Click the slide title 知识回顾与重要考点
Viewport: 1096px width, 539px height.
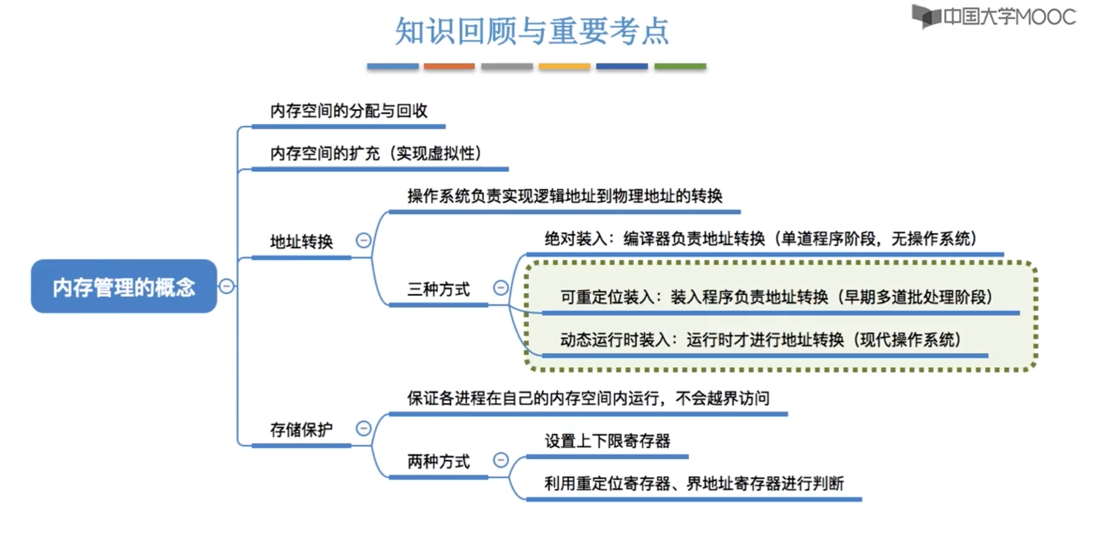(x=532, y=30)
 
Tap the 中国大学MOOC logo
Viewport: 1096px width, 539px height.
(x=994, y=17)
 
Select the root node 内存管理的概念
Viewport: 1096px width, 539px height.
(x=124, y=287)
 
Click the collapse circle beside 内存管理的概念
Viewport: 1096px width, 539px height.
(x=227, y=286)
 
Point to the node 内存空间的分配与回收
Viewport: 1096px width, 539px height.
(x=349, y=111)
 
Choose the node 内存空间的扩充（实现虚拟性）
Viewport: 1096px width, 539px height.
(x=376, y=153)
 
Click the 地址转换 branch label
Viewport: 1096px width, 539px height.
(x=301, y=242)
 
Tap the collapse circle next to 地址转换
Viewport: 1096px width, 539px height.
(x=363, y=241)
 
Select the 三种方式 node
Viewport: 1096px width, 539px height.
(x=439, y=289)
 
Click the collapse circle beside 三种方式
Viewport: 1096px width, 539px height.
(x=501, y=288)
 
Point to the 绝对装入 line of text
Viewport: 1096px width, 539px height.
(x=761, y=239)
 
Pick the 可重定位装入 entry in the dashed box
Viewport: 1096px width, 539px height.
(x=776, y=297)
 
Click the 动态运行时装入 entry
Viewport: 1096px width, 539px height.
(x=761, y=339)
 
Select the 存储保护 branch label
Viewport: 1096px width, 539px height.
(x=301, y=429)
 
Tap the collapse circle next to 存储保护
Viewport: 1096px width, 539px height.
(x=363, y=428)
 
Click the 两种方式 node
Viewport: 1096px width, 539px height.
(x=439, y=461)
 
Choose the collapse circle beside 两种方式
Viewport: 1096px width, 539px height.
(x=501, y=460)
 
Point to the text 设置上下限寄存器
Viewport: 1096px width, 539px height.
(x=608, y=441)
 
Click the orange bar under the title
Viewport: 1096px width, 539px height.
(x=449, y=66)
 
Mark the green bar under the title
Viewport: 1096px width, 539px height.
(x=680, y=66)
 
